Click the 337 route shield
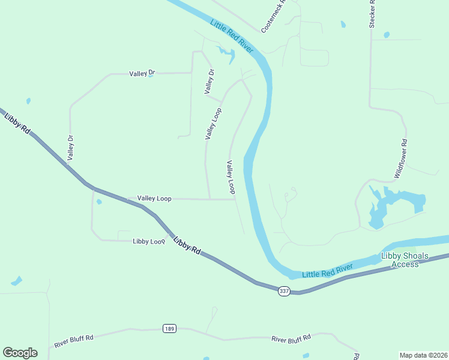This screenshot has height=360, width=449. [x=285, y=291]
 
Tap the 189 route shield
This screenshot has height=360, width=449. [x=169, y=328]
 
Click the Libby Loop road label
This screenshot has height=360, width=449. [x=149, y=241]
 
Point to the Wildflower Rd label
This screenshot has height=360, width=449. [x=401, y=158]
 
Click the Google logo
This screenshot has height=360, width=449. [x=20, y=353]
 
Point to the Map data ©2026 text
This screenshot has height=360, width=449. [x=423, y=355]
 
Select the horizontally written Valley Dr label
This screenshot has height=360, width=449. [x=142, y=74]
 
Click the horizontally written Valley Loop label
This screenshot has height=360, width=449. [x=154, y=198]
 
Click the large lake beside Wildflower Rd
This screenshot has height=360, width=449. [x=390, y=204]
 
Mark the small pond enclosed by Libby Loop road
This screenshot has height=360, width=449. [x=99, y=202]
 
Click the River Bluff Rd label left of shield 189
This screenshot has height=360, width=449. [x=74, y=341]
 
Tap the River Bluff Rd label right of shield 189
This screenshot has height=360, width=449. [x=291, y=338]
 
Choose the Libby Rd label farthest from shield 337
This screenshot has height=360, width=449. [x=17, y=124]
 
